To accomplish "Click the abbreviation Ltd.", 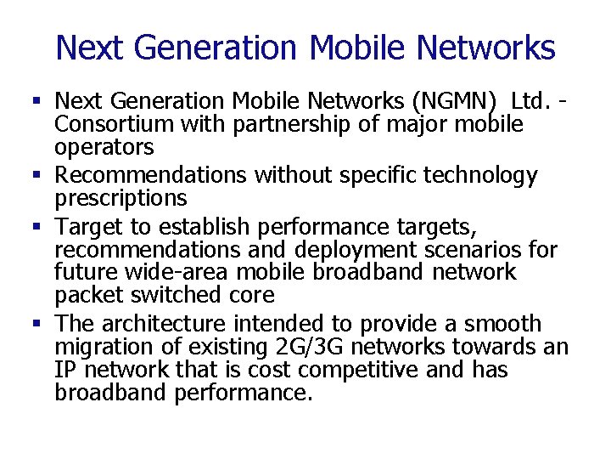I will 533,102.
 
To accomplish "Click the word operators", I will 104,147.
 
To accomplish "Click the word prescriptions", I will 121,198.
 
